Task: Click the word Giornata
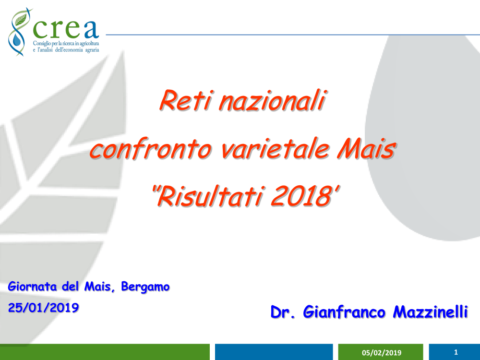coord(34,288)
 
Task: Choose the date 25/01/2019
coord(43,308)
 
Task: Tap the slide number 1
coord(456,352)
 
